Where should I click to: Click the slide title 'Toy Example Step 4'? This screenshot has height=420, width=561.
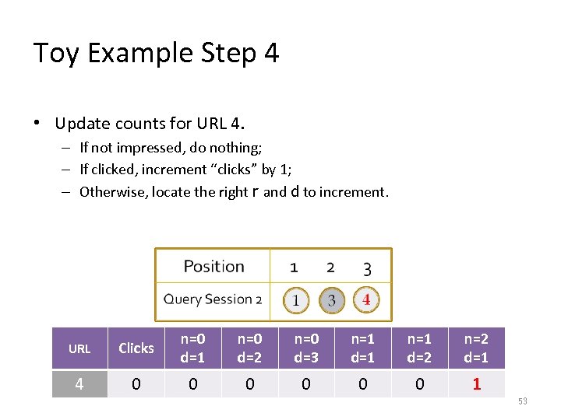156,53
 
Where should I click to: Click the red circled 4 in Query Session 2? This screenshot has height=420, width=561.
366,299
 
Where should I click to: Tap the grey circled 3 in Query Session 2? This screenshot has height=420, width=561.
331,300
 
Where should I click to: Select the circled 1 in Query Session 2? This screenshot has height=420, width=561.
295,300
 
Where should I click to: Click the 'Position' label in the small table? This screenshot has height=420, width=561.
213,267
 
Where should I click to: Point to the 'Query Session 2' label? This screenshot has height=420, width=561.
212,299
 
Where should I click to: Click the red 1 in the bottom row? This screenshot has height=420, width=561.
476,384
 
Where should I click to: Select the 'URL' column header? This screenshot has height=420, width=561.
79,348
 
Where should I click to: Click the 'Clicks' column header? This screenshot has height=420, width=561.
136,348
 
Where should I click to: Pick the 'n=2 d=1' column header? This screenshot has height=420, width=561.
476,348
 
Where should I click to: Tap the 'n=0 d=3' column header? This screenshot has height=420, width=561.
306,348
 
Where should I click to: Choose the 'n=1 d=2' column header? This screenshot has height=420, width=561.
419,348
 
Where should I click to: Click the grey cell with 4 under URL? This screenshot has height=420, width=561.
79,384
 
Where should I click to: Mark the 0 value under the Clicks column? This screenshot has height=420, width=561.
136,384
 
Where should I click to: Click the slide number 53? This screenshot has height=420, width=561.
523,401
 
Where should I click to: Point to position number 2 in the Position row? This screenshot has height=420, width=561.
330,268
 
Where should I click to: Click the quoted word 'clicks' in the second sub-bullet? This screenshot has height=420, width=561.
237,170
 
